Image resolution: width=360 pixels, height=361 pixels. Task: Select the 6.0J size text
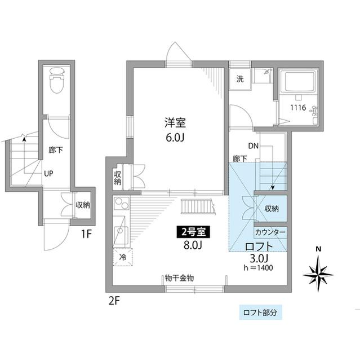click(x=175, y=138)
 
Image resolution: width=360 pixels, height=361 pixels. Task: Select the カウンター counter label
click(x=270, y=232)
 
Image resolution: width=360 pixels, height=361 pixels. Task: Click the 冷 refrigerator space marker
click(x=122, y=257)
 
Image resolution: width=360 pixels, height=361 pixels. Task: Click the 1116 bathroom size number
click(x=298, y=108)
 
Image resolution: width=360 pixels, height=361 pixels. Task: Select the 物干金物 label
click(x=179, y=278)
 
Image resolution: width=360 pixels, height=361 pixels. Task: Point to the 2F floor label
click(x=114, y=301)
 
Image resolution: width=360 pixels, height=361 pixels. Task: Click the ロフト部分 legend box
click(x=259, y=311)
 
